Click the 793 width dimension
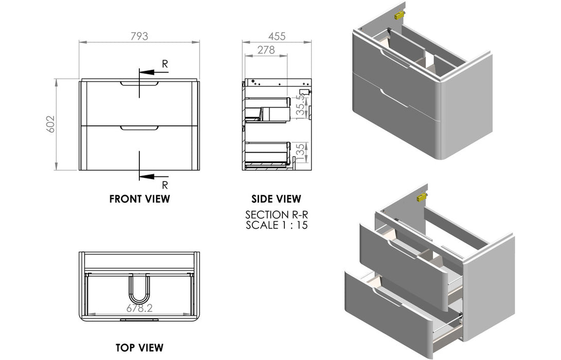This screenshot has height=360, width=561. coord(139,36)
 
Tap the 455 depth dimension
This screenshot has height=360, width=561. coord(277,36)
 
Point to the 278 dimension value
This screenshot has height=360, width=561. coord(265,50)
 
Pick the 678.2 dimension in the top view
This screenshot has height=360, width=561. coord(139,308)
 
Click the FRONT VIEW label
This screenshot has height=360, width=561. coord(139,199)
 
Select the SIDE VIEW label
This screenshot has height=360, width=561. coord(276,199)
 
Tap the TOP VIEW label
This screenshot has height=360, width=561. coord(139,347)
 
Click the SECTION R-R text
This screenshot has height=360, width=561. coord(276,214)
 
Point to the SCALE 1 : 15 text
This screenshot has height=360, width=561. coord(276,225)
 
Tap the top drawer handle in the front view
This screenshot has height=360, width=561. coord(139,83)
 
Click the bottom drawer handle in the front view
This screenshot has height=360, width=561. coord(139,128)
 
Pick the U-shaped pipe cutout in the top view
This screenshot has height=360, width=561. coord(139,287)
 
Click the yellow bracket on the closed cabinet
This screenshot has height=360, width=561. coord(399,15)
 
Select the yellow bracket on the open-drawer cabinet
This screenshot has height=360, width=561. coord(422,197)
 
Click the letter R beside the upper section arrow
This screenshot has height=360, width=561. coord(165,64)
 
